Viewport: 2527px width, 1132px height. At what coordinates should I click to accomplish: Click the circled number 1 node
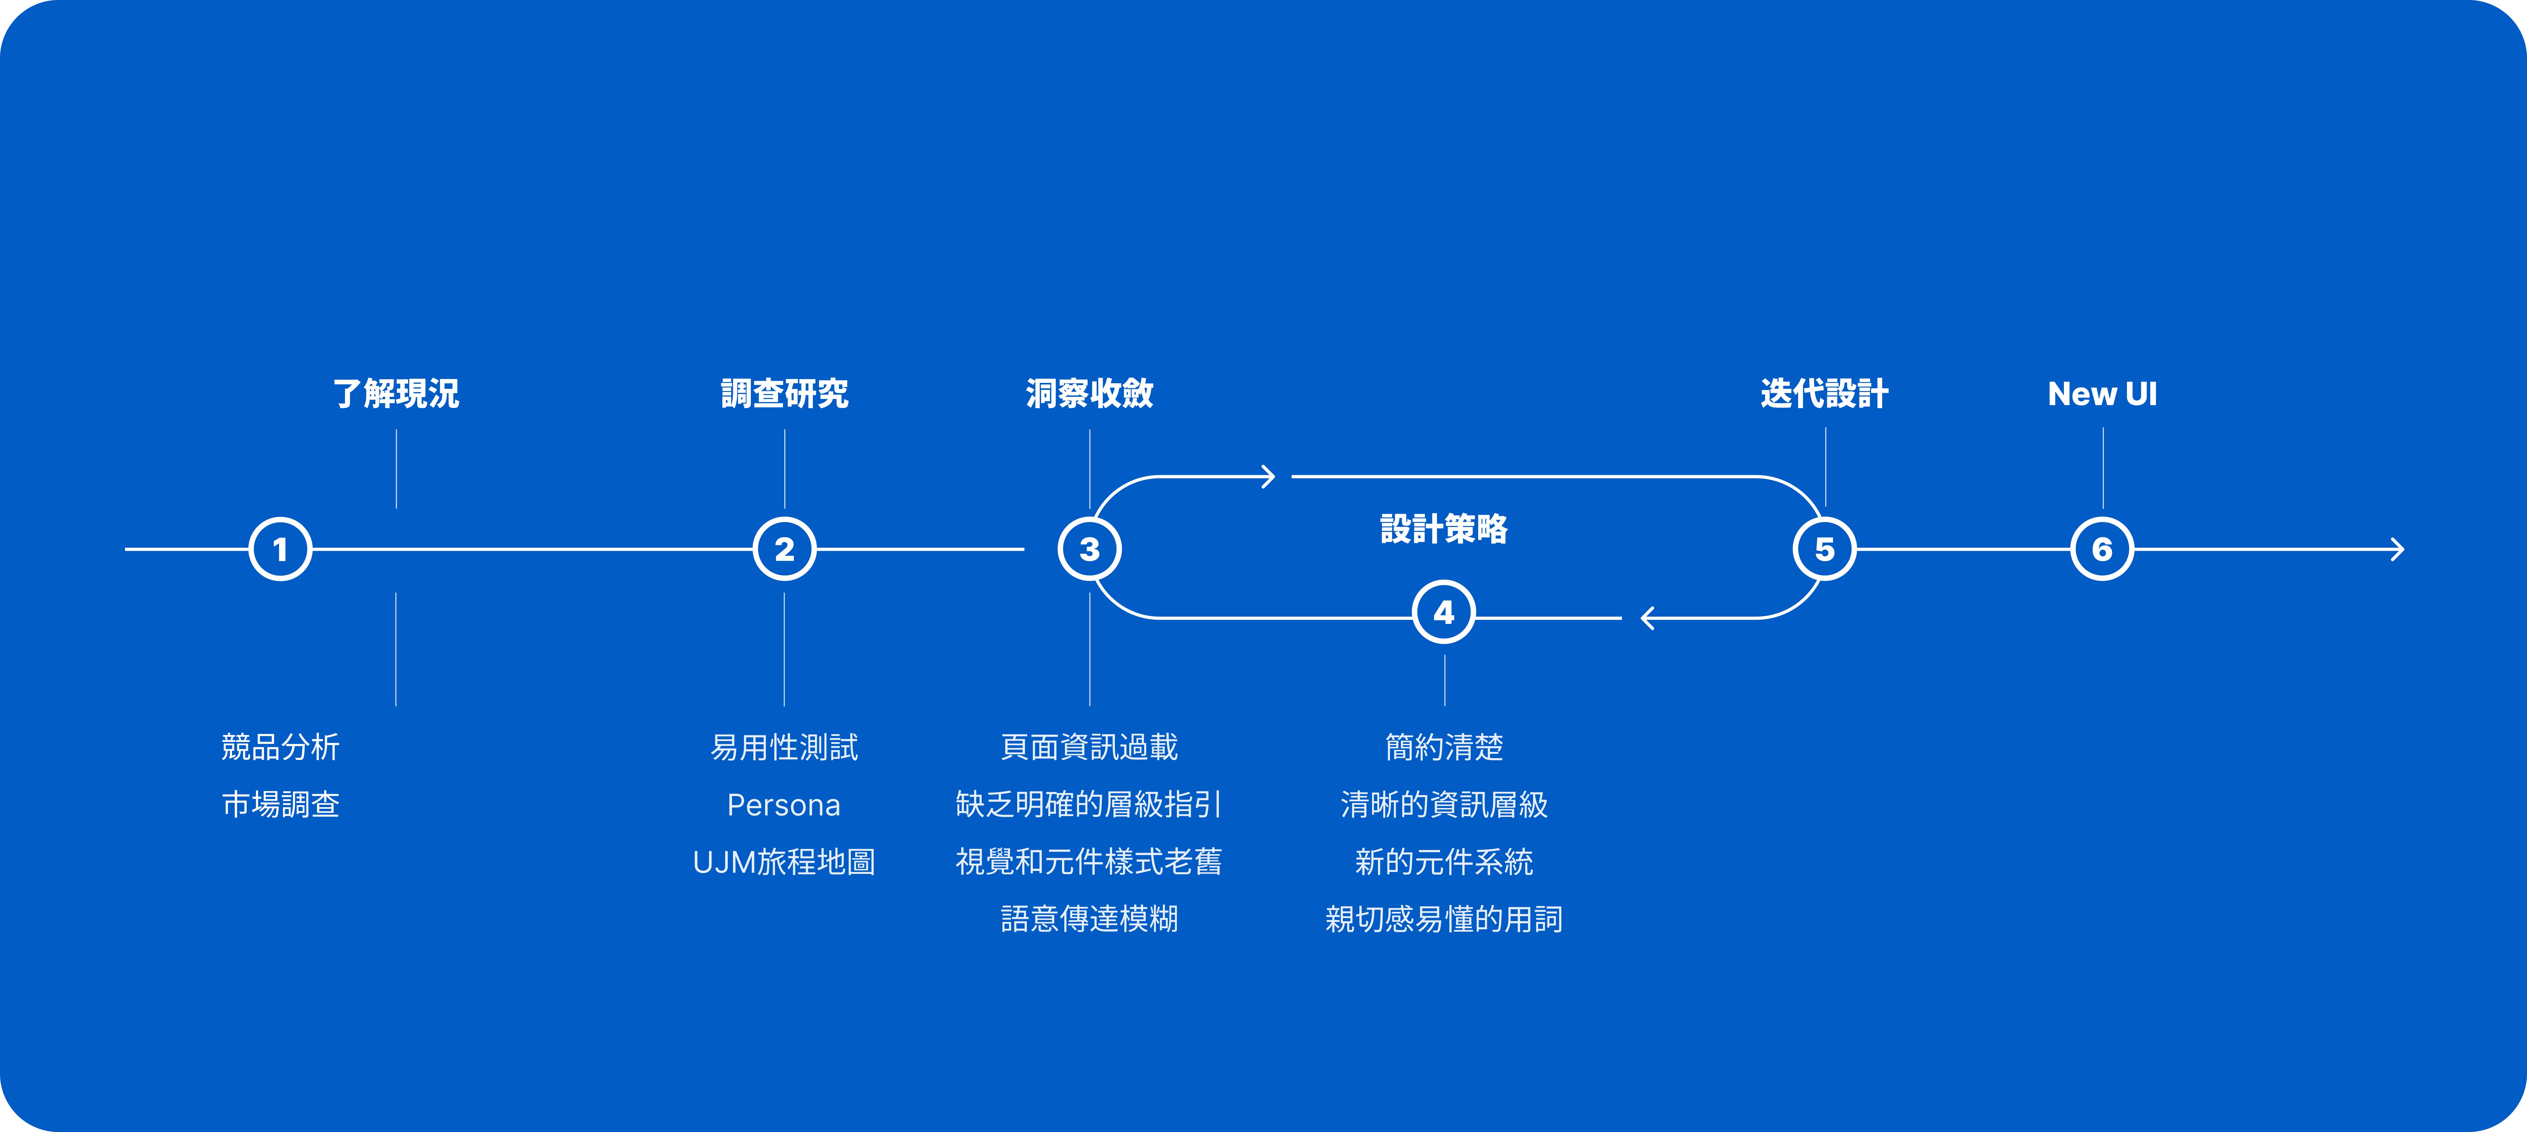pyautogui.click(x=281, y=549)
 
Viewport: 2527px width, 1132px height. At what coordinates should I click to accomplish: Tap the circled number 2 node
pyautogui.click(x=785, y=549)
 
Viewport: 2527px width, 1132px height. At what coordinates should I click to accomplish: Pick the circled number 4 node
pyautogui.click(x=1444, y=612)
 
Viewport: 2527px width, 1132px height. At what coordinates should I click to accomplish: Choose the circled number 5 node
pyautogui.click(x=1825, y=549)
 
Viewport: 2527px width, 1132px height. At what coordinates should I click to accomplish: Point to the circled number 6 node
pyautogui.click(x=2102, y=549)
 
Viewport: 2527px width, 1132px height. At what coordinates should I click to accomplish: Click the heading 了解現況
pyautogui.click(x=396, y=393)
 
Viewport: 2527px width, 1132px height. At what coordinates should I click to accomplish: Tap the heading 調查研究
pyautogui.click(x=785, y=393)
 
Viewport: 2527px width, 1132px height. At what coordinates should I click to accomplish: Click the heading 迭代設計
pyautogui.click(x=1825, y=393)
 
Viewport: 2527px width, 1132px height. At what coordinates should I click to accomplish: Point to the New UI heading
pyautogui.click(x=2102, y=393)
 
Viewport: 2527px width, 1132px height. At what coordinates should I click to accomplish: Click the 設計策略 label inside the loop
pyautogui.click(x=1444, y=529)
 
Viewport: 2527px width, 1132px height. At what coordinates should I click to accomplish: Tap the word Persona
pyautogui.click(x=784, y=805)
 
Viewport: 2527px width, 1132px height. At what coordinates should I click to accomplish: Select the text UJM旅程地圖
pyautogui.click(x=784, y=862)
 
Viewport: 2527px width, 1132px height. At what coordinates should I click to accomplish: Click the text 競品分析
pyautogui.click(x=281, y=747)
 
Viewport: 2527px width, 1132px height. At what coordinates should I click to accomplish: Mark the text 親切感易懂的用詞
pyautogui.click(x=1444, y=919)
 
